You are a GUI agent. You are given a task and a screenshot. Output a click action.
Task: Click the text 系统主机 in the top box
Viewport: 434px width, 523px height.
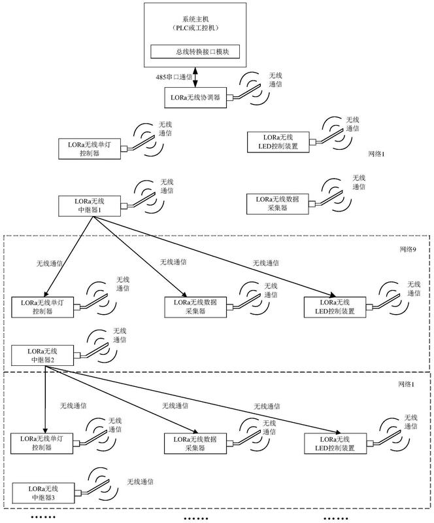(195, 20)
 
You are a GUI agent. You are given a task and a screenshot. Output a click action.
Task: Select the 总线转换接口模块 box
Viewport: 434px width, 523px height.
(195, 52)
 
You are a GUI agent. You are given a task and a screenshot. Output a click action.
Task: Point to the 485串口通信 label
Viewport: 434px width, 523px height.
(174, 77)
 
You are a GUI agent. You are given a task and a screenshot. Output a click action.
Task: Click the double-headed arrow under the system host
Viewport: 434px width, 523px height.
(195, 77)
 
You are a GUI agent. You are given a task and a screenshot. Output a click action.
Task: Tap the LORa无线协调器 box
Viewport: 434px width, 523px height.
(195, 98)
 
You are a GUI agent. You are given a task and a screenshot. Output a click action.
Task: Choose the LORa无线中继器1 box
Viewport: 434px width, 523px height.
(90, 206)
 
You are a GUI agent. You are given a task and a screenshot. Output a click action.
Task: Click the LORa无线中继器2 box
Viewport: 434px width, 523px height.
(42, 355)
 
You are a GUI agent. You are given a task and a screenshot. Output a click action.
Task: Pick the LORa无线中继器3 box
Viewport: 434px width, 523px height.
(43, 493)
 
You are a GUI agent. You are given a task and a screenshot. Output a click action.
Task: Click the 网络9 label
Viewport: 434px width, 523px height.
(408, 249)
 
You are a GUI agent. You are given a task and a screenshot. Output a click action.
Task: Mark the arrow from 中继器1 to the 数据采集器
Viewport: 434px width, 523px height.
(140, 256)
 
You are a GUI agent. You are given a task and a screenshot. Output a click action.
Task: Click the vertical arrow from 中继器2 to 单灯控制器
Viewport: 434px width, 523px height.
(45, 399)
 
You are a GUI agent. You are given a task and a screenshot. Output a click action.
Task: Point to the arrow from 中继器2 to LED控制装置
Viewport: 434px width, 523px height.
(190, 400)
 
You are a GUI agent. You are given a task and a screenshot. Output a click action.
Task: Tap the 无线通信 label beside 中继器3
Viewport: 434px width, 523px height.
(141, 482)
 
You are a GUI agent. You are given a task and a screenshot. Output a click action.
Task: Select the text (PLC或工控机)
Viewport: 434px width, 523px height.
(195, 28)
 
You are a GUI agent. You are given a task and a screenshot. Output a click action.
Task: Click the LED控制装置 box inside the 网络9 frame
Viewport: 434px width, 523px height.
(335, 307)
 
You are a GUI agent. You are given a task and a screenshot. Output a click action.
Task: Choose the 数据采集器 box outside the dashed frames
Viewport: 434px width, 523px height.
(277, 204)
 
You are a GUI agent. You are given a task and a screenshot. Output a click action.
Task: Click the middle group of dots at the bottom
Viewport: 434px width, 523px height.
(196, 518)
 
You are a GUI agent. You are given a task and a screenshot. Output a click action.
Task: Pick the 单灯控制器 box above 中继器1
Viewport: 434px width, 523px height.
(90, 149)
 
